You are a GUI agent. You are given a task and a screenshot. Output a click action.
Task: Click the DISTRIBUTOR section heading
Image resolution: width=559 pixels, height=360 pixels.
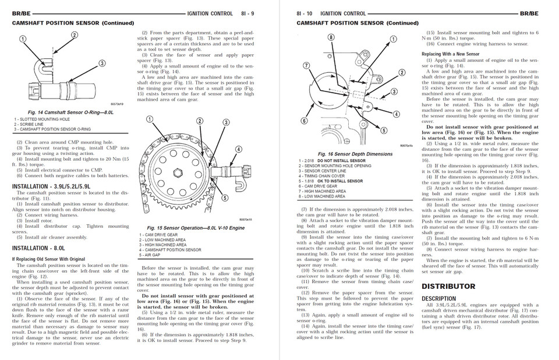click(448, 287)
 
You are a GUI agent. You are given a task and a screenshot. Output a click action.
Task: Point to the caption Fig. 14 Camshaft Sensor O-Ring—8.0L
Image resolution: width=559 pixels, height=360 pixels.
click(67, 111)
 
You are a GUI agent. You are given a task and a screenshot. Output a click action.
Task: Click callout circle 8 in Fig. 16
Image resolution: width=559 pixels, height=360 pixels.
click(330, 37)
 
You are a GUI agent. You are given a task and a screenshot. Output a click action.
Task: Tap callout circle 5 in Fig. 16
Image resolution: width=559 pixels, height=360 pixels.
click(384, 130)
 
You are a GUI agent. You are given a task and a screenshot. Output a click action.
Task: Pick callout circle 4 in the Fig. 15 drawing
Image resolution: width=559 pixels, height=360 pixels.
click(238, 149)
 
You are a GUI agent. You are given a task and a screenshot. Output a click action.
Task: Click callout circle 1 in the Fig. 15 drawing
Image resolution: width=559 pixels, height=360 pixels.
click(149, 119)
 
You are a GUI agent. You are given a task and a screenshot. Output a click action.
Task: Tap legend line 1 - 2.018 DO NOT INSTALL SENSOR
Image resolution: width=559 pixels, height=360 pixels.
click(332, 160)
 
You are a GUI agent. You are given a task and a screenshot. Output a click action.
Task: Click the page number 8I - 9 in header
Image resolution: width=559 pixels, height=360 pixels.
click(247, 13)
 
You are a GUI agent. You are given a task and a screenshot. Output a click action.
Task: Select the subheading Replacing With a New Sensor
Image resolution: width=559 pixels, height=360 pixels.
click(451, 54)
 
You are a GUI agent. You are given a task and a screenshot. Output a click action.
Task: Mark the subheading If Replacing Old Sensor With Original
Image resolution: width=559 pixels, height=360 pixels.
click(48, 259)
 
